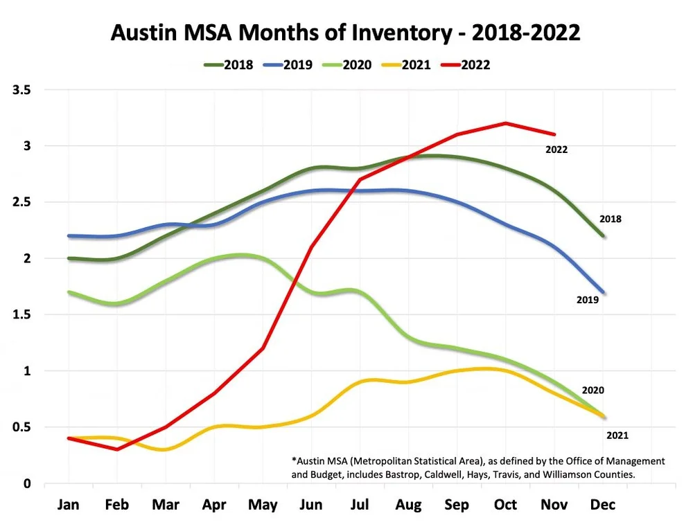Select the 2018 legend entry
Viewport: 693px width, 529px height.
click(229, 65)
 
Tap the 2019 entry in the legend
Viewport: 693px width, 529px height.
click(288, 65)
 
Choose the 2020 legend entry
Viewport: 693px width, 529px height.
click(347, 65)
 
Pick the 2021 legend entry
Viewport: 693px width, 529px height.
click(407, 65)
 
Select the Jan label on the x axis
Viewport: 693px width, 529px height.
click(68, 505)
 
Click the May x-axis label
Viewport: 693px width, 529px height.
click(263, 505)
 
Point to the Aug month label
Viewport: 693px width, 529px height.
click(408, 505)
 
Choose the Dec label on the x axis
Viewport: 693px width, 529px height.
click(603, 505)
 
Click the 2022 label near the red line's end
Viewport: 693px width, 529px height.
click(556, 149)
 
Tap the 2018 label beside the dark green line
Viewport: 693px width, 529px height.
click(611, 219)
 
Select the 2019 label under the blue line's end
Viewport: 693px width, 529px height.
click(588, 301)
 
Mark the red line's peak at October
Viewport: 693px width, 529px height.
click(506, 123)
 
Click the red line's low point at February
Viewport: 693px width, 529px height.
click(117, 449)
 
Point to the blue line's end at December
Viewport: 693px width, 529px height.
click(603, 292)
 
